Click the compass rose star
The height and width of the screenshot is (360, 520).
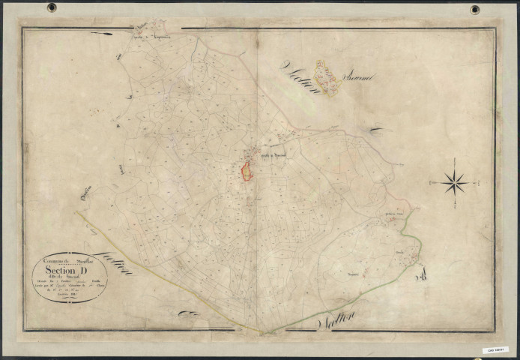pyautogui.click(x=455, y=181)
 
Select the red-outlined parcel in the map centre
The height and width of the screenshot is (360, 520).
pyautogui.click(x=246, y=171)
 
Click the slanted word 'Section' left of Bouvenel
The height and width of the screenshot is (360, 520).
pyautogui.click(x=302, y=79)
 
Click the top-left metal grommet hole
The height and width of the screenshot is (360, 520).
pyautogui.click(x=52, y=8)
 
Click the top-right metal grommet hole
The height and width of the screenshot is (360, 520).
pyautogui.click(x=475, y=9)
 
